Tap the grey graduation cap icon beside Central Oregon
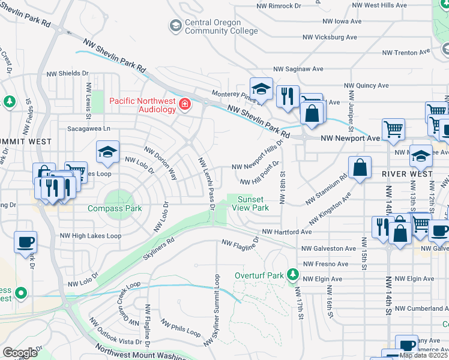coord(175,25)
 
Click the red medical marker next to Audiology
coord(185,106)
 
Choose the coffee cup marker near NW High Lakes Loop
coord(25,242)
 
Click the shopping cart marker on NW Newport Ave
coord(393,129)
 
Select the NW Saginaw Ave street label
coord(298,70)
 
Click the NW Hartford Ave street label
coord(286,232)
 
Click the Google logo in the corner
coord(20,352)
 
